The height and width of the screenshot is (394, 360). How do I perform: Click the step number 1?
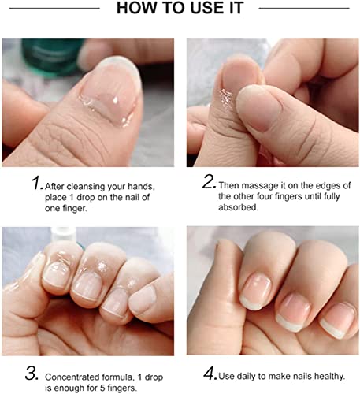pyautogui.click(x=37, y=183)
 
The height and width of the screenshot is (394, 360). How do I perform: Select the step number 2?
pyautogui.click(x=210, y=182)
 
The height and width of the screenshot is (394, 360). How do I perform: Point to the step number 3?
pyautogui.click(x=32, y=374)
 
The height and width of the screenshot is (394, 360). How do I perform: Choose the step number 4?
pyautogui.click(x=210, y=374)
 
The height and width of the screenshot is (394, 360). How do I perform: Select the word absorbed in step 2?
pyautogui.click(x=238, y=207)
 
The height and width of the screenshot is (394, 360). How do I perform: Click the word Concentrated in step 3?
pyautogui.click(x=72, y=377)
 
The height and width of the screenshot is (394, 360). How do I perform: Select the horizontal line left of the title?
pyautogui.click(x=54, y=8)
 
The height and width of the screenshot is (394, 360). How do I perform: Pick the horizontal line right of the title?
pyautogui.click(x=304, y=8)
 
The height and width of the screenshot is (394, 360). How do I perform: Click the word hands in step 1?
pyautogui.click(x=141, y=187)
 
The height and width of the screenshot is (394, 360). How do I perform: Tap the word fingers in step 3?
pyautogui.click(x=122, y=388)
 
